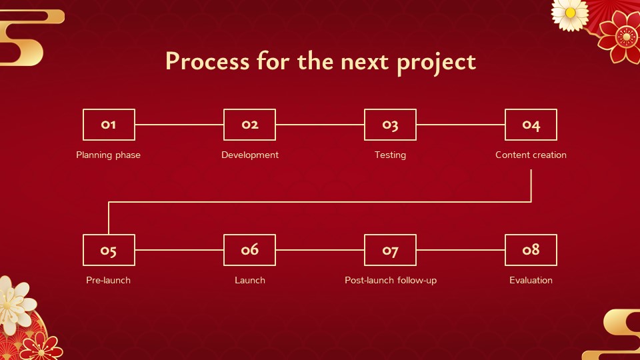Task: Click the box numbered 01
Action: pyautogui.click(x=109, y=125)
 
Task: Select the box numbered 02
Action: pyautogui.click(x=249, y=125)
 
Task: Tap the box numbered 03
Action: pyautogui.click(x=390, y=125)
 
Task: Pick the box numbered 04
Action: pyautogui.click(x=531, y=125)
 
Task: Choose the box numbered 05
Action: pyautogui.click(x=109, y=250)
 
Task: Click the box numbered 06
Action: pyautogui.click(x=249, y=250)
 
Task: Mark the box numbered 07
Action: pyautogui.click(x=390, y=250)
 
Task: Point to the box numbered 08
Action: pyautogui.click(x=531, y=250)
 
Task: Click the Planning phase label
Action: pyautogui.click(x=108, y=155)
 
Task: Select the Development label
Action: pyautogui.click(x=250, y=155)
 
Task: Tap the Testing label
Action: pyautogui.click(x=390, y=155)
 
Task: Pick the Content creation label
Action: pyautogui.click(x=531, y=155)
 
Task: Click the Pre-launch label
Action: pyautogui.click(x=108, y=281)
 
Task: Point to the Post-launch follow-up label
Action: pyautogui.click(x=391, y=281)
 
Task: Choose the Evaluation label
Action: pyautogui.click(x=531, y=280)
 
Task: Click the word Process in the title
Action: pyautogui.click(x=207, y=61)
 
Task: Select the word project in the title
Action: pyautogui.click(x=436, y=63)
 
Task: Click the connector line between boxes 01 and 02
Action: pyautogui.click(x=179, y=125)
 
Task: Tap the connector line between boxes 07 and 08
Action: pyautogui.click(x=461, y=250)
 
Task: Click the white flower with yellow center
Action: pyautogui.click(x=570, y=14)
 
